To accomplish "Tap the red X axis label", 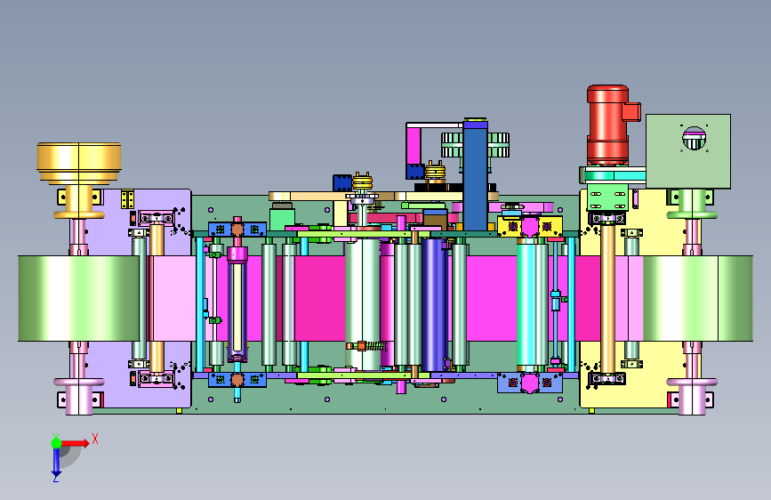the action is (x=95, y=439).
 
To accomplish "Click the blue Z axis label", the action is (x=55, y=478).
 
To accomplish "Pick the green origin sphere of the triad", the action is (x=56, y=443).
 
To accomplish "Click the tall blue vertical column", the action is (x=475, y=174).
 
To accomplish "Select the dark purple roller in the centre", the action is (x=434, y=305).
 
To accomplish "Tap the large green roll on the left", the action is (x=78, y=298).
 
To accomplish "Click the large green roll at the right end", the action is (x=698, y=298).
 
